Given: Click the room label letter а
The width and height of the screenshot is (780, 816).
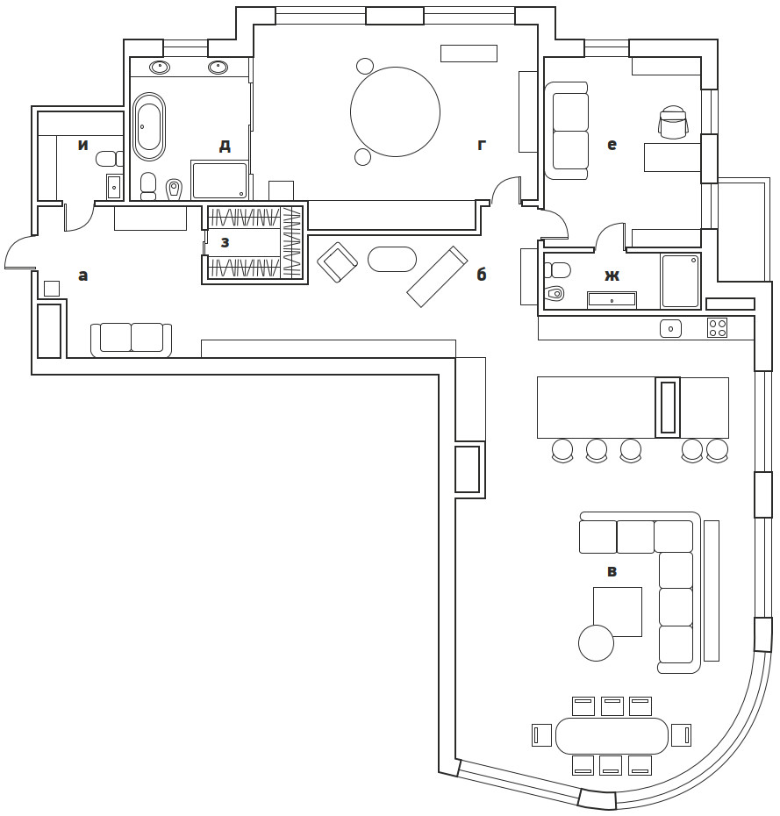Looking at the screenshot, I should coord(82,276).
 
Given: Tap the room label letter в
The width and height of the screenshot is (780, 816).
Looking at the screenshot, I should coord(612,572).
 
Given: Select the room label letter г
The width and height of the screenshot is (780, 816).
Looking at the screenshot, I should coord(482,145).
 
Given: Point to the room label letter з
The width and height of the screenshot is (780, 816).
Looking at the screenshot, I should coord(225,242).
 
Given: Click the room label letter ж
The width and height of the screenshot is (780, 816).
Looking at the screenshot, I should coord(612,276).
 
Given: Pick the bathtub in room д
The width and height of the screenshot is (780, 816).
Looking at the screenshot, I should coord(149,126).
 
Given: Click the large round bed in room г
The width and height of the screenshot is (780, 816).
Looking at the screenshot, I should coord(395,112).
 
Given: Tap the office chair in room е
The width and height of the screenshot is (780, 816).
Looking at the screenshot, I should coord(673,123).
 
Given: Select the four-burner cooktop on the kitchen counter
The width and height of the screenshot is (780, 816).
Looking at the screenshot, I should coord(717,327).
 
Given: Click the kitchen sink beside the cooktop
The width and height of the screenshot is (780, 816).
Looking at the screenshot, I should coord(669,328).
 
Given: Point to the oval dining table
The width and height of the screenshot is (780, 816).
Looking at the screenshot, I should coord(612,735).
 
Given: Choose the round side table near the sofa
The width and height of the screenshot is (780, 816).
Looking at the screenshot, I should coord(596,642).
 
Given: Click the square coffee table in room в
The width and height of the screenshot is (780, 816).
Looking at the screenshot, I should coord(617,611).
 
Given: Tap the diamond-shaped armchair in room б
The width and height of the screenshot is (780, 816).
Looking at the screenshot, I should coord(337,262).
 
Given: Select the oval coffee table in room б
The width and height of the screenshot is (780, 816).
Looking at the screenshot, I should coord(391,259).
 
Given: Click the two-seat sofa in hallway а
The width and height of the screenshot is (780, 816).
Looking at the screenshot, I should coord(131,339).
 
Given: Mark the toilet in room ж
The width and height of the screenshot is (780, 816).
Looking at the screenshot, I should coord(554,293).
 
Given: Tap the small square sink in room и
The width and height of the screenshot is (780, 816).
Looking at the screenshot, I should coord(114,186).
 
